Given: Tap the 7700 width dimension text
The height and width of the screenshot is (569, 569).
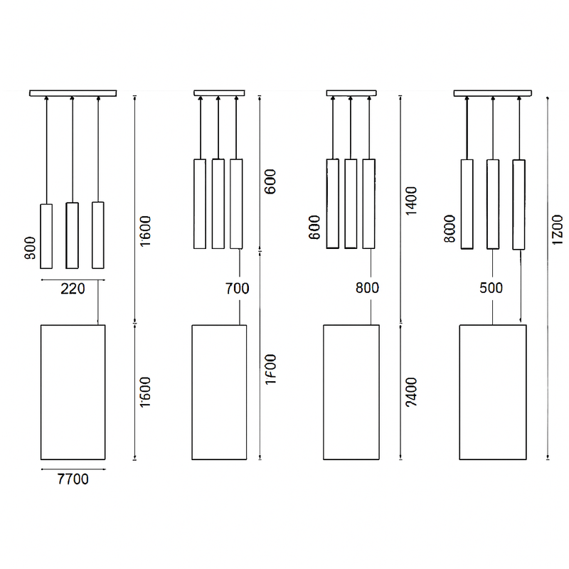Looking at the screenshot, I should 72,479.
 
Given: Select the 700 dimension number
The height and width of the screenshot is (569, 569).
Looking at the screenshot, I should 237,289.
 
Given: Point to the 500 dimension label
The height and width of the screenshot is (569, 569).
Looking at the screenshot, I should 491,288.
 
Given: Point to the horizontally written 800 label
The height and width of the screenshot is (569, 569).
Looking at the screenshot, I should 367,288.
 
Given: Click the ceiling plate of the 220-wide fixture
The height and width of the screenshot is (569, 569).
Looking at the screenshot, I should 73,92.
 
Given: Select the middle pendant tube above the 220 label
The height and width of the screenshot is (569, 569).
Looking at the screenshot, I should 72,235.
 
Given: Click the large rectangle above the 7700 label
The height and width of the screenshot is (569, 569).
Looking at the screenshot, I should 73,392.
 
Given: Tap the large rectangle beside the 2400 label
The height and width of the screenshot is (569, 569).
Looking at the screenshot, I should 351,392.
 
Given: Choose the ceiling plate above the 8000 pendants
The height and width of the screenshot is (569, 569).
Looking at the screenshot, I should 492,92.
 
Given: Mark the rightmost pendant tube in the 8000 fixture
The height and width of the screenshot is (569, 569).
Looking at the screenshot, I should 519,204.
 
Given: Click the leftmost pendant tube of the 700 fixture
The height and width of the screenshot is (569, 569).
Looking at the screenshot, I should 200,203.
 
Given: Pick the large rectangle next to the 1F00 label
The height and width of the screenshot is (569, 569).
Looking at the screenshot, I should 219,392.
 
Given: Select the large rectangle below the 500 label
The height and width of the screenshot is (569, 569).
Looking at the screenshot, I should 492,392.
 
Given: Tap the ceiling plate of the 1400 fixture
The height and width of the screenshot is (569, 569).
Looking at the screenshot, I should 351,92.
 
